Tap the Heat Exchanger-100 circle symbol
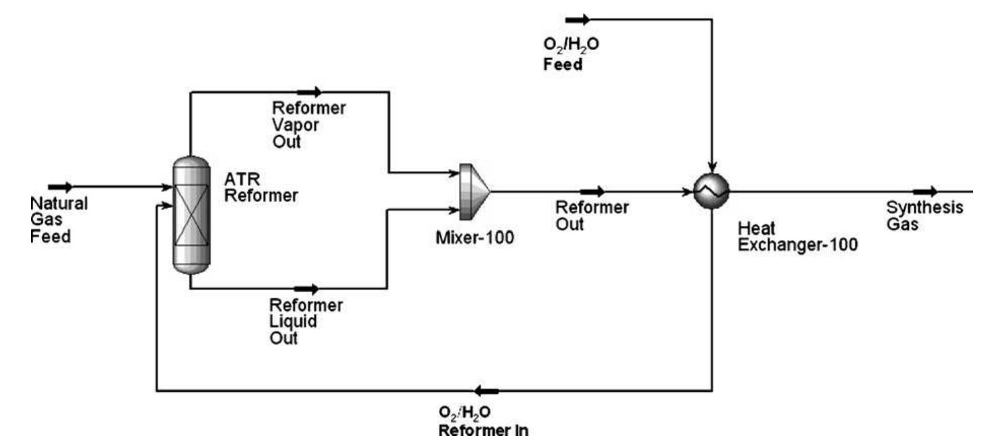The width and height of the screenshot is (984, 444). pyautogui.click(x=712, y=191)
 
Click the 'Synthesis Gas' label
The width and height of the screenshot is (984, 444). pyautogui.click(x=924, y=216)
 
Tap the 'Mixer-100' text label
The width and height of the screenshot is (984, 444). pyautogui.click(x=475, y=238)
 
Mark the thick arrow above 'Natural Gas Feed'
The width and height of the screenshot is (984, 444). pyautogui.click(x=60, y=187)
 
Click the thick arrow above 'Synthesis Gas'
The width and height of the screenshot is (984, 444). pyautogui.click(x=925, y=192)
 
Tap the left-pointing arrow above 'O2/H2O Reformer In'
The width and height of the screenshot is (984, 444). pyautogui.click(x=486, y=391)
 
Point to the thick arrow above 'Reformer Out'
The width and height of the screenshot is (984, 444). pyautogui.click(x=592, y=192)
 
